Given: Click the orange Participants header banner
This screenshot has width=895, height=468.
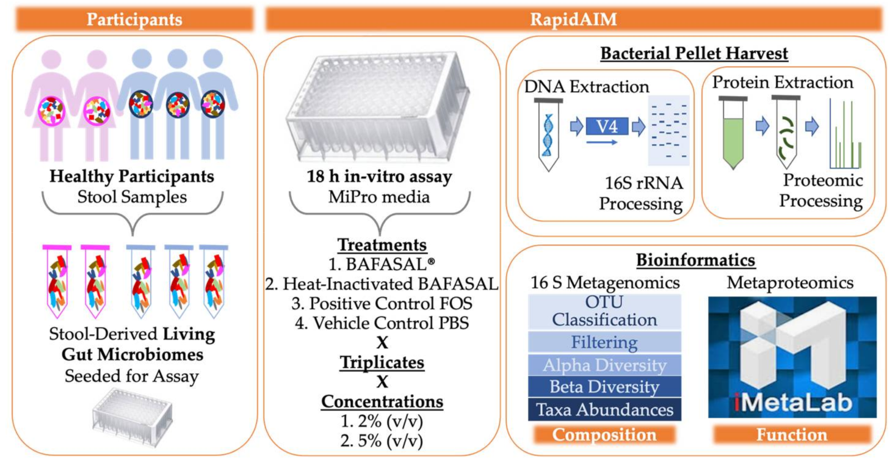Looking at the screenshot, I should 134,20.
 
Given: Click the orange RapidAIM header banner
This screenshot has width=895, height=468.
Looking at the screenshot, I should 573,20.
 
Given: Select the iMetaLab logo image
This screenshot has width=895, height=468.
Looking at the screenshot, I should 792,357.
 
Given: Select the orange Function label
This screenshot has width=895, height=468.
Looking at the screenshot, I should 792,434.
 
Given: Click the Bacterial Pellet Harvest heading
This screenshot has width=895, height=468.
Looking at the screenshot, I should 694,54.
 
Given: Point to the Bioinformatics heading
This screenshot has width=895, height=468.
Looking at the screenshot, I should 695,260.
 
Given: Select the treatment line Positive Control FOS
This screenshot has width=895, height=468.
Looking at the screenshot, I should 382,304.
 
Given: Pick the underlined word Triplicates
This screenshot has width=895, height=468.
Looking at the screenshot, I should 382,362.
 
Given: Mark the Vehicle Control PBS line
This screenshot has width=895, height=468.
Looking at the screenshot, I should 382,323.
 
